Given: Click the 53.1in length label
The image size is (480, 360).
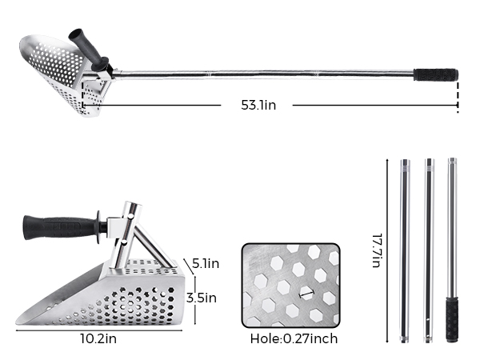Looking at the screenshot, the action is (x=258, y=105).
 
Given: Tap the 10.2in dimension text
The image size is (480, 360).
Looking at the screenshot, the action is (x=98, y=339).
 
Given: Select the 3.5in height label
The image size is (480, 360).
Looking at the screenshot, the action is (x=202, y=298).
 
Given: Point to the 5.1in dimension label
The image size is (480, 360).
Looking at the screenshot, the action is (x=206, y=263).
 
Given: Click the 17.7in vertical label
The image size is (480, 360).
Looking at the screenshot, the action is (x=378, y=250).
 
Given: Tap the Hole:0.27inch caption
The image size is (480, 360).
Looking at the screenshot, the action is (x=294, y=339).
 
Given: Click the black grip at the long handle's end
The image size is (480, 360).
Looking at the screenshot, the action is (x=436, y=74).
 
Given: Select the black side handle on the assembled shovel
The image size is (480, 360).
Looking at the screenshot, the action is (x=89, y=50).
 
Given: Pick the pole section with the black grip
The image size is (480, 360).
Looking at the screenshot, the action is (x=452, y=250).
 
